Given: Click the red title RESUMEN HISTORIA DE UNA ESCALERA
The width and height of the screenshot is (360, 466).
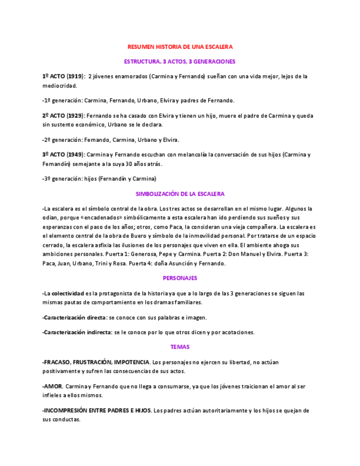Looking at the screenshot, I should click(x=180, y=47).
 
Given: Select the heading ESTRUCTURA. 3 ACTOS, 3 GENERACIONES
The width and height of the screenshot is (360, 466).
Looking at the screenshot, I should click(x=180, y=62).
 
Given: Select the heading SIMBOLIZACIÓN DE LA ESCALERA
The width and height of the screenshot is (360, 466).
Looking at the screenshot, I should click(x=180, y=194).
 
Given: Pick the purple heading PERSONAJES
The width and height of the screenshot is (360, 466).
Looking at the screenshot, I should click(x=180, y=278).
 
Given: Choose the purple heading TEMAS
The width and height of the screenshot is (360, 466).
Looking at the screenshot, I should click(x=180, y=347).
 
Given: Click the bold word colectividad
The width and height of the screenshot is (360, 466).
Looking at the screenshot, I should click(x=68, y=293).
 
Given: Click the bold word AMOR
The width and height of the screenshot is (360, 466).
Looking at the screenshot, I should click(x=53, y=386).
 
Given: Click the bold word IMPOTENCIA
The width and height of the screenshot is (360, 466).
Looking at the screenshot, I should click(x=131, y=362).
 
